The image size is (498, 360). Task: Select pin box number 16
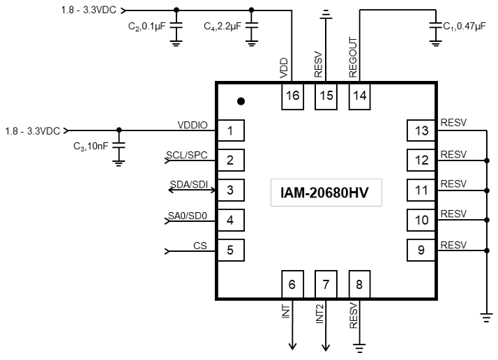[292, 96]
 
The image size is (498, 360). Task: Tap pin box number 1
[229, 130]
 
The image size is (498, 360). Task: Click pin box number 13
[421, 130]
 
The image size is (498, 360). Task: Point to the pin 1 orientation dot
[241, 101]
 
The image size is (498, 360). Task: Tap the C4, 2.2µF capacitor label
[222, 27]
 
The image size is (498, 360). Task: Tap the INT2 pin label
[320, 313]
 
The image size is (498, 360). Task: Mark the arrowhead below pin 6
[292, 345]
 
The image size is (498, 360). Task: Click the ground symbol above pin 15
[326, 13]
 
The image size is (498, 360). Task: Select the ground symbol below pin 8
[359, 345]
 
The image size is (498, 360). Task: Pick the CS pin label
[200, 245]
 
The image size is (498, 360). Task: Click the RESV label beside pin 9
[453, 244]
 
